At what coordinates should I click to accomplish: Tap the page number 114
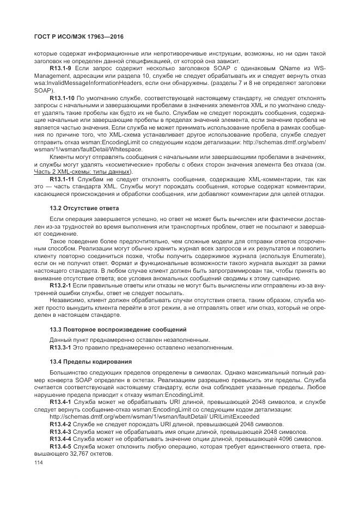pyautogui.click(x=39, y=462)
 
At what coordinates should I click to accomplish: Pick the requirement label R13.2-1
pyautogui.click(x=61, y=285)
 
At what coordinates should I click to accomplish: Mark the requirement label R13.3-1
pyautogui.click(x=61, y=347)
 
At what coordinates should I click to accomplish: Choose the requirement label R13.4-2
pyautogui.click(x=61, y=424)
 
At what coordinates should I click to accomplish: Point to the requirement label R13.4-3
pyautogui.click(x=61, y=431)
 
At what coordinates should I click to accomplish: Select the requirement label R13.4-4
pyautogui.click(x=61, y=439)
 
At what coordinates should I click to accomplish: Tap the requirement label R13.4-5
pyautogui.click(x=61, y=446)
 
